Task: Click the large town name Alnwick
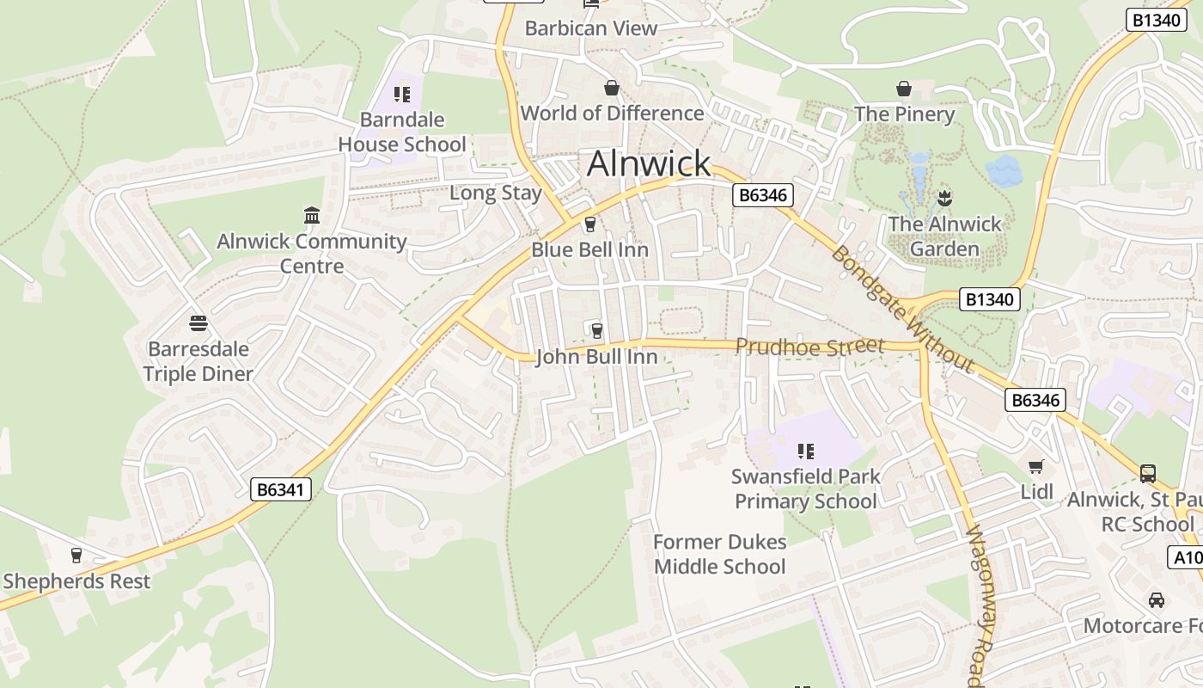point(649,163)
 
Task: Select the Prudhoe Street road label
point(809,347)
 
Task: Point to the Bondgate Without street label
point(902,310)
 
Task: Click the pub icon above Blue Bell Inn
point(589,225)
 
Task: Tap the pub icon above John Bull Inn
point(596,330)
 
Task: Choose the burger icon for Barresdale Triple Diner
point(198,324)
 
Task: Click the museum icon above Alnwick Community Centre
point(312,215)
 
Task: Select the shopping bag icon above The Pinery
point(904,89)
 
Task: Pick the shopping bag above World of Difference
point(612,88)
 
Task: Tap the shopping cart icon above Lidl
point(1036,467)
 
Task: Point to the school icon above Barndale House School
point(402,95)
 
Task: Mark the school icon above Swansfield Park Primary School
point(805,451)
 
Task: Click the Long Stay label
point(496,193)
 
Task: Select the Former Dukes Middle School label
point(719,554)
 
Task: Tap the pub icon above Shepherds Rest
point(76,556)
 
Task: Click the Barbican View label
point(590,28)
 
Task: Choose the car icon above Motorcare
point(1157,600)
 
